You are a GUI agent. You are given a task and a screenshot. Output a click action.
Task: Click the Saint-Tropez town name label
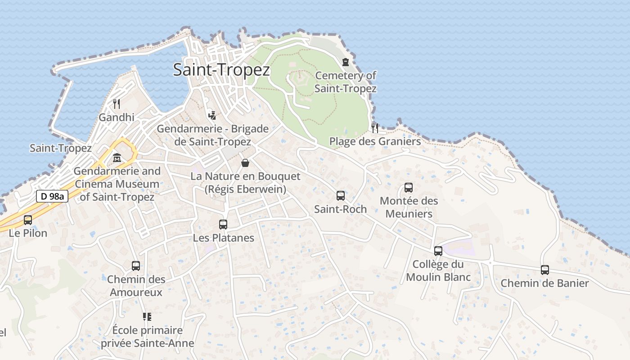point(221,70)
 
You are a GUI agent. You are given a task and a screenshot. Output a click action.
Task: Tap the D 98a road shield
point(52,196)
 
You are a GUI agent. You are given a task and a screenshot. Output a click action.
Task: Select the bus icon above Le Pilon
point(28,220)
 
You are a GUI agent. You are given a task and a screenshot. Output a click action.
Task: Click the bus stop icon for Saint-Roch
point(341,196)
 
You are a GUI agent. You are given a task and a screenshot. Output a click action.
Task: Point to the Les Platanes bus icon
point(223,224)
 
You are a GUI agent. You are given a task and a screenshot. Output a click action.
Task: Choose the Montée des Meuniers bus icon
point(409,188)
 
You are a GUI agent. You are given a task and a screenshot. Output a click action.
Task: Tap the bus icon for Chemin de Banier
point(545,270)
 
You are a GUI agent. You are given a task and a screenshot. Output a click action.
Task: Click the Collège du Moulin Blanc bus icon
point(438,251)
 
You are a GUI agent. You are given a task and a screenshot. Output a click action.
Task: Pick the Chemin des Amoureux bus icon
point(136,266)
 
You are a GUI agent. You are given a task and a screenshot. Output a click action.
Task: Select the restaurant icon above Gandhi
point(117,104)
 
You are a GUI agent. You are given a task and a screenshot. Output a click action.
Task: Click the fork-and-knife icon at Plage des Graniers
point(375,128)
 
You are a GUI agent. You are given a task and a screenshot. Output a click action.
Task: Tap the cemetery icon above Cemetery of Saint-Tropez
point(346,62)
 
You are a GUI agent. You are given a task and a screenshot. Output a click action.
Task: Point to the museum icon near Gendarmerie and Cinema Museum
point(117,158)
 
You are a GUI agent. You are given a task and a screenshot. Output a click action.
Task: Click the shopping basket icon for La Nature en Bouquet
point(245,162)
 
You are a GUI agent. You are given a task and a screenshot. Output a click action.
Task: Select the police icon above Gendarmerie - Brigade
point(212,115)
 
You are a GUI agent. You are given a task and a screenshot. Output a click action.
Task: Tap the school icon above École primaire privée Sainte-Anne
point(147,317)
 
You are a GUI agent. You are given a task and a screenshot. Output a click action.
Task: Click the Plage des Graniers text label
point(375,141)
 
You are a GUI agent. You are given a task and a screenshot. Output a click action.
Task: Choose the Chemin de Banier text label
point(544,283)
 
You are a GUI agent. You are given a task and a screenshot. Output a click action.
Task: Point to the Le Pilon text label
point(28,233)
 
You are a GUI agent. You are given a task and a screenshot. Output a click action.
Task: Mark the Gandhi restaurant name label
point(117,117)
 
